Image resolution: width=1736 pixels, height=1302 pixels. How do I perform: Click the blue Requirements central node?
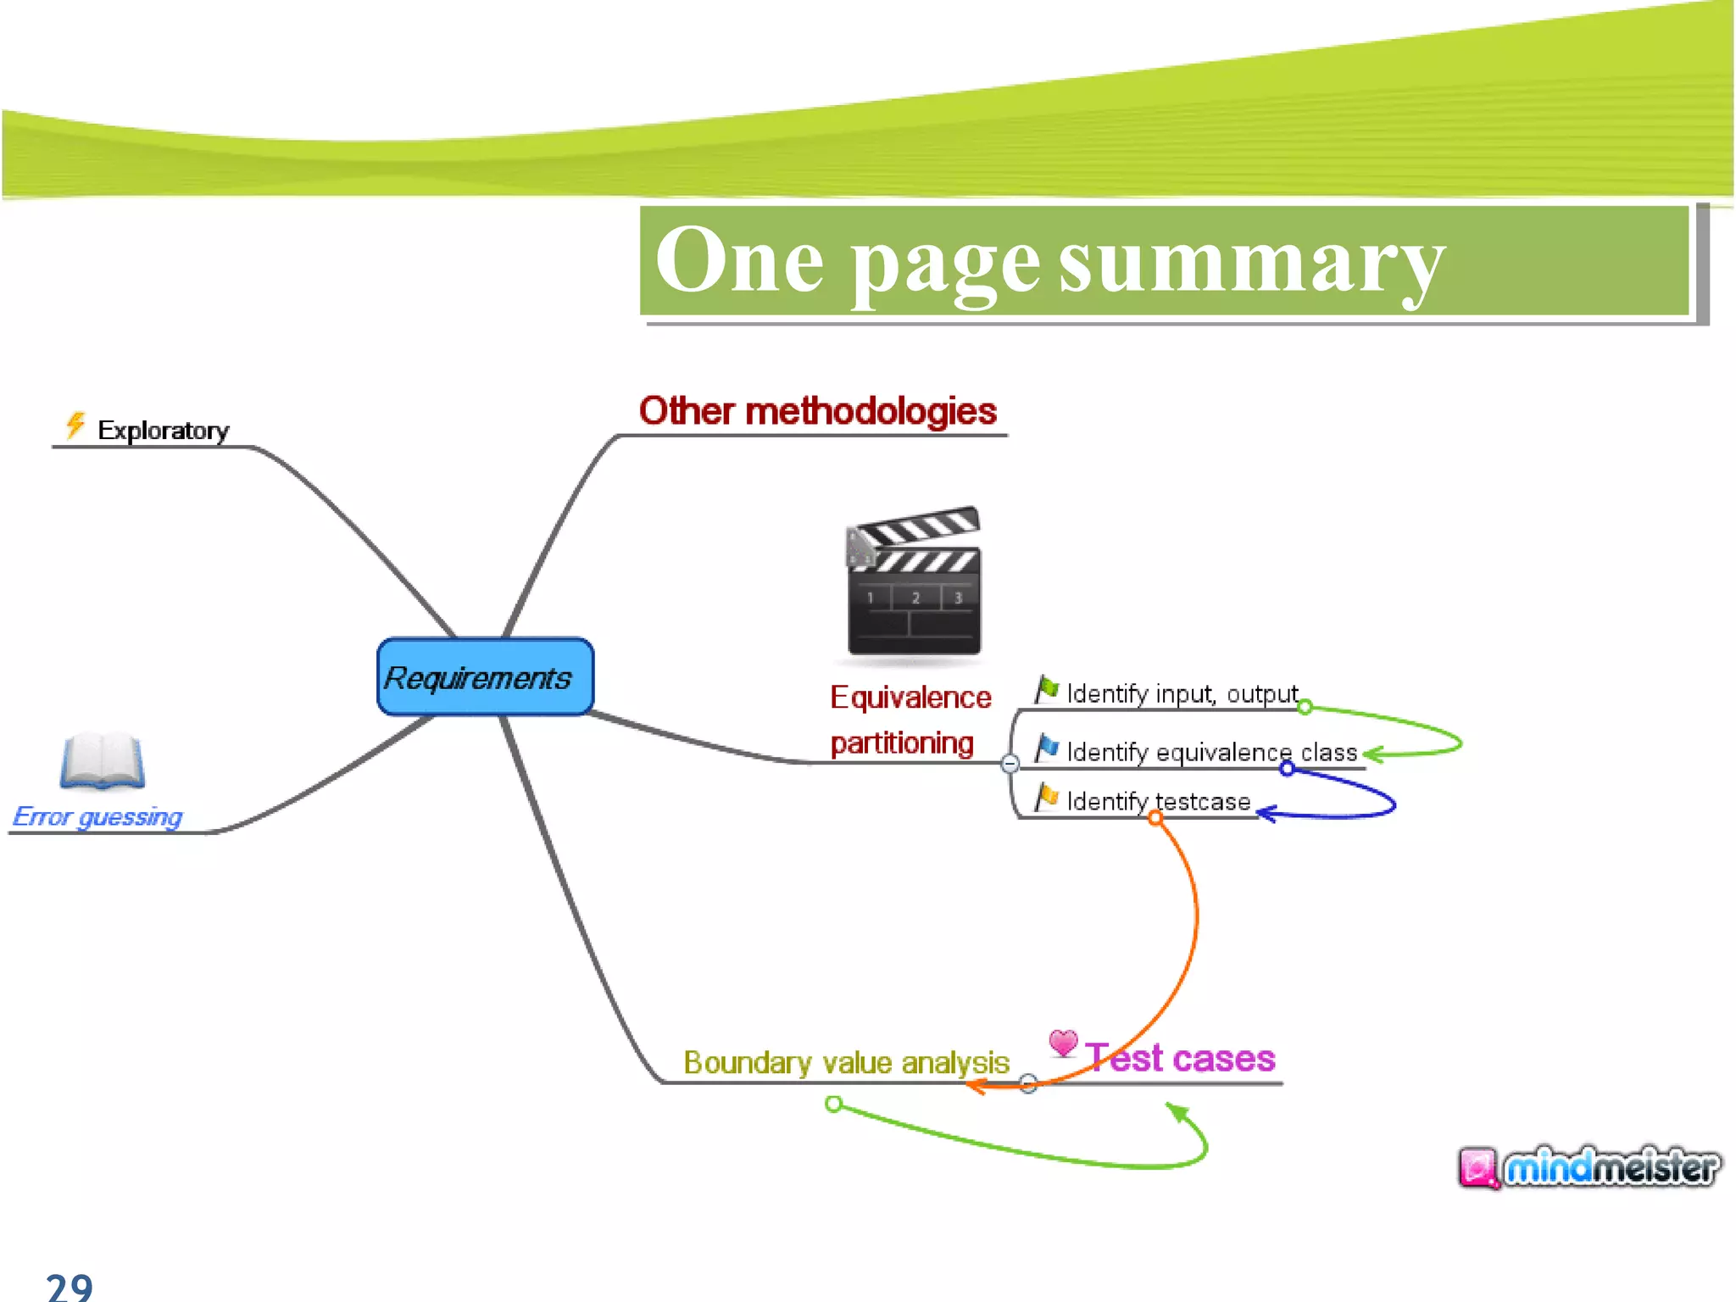point(485,676)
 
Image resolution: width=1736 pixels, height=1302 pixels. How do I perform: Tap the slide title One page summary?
point(1049,261)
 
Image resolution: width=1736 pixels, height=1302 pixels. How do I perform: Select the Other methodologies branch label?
point(817,411)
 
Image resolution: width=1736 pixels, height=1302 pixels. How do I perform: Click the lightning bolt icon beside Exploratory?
point(75,425)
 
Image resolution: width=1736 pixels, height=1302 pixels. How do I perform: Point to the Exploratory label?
point(163,431)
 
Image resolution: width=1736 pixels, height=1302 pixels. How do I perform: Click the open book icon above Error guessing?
point(103,760)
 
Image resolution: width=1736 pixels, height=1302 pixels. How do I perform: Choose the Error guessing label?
point(97,816)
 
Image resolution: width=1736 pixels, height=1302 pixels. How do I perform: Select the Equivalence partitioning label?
point(909,720)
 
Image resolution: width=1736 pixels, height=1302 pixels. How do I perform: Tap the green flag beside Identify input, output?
point(1048,689)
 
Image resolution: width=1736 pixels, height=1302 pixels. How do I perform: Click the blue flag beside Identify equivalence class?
point(1048,748)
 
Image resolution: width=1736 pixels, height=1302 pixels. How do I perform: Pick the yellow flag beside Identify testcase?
point(1048,797)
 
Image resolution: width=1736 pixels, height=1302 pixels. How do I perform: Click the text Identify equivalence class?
point(1212,752)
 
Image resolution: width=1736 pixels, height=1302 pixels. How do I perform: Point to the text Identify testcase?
point(1159,801)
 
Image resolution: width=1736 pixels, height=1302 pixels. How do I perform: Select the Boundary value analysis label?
point(846,1062)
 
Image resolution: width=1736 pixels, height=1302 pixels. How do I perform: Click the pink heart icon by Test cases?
point(1063,1042)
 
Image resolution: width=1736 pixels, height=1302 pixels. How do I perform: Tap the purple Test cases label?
point(1181,1058)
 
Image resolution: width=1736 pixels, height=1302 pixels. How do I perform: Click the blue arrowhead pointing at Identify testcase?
point(1265,814)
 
